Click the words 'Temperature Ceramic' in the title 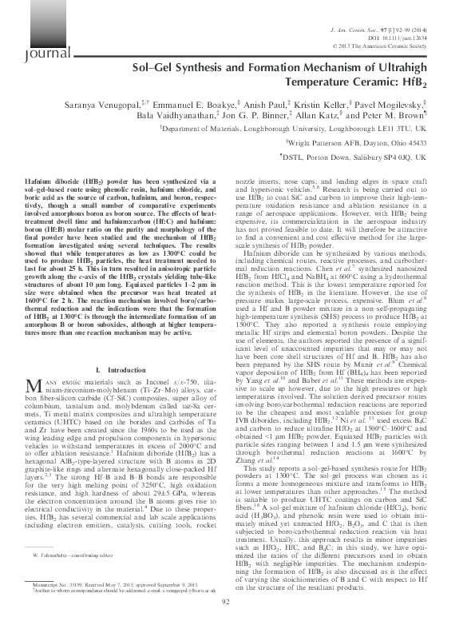pos(357,82)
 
